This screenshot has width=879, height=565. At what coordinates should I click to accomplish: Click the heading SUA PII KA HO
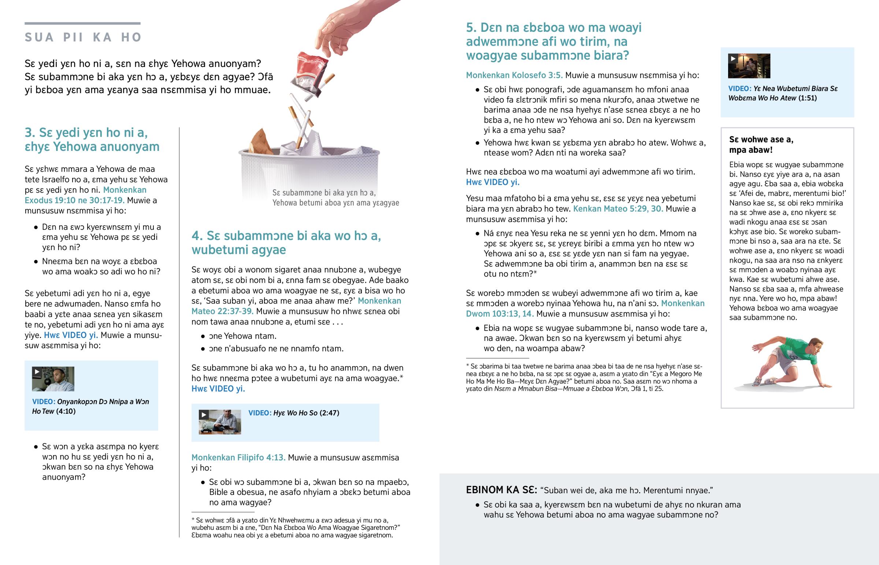[83, 37]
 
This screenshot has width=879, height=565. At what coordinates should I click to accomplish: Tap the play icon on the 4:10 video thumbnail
[37, 372]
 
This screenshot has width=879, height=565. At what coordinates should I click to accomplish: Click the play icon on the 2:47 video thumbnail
[204, 415]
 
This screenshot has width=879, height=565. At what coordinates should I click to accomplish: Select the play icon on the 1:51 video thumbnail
[733, 58]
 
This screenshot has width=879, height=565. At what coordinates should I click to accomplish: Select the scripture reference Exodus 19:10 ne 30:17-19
[75, 200]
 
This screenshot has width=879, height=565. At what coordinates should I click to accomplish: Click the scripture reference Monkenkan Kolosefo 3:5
[514, 75]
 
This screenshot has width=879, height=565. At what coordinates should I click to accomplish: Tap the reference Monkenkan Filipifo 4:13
[238, 457]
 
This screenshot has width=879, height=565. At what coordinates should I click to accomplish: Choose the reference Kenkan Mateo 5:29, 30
[618, 209]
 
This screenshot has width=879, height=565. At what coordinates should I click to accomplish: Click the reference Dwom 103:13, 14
[500, 314]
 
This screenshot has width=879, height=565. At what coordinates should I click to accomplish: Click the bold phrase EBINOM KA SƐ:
[501, 490]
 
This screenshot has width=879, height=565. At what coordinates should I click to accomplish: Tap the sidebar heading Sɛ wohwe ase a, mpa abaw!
[761, 145]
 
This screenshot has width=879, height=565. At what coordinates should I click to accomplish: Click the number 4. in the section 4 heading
[197, 235]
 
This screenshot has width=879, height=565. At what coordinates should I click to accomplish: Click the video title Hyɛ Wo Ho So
[295, 413]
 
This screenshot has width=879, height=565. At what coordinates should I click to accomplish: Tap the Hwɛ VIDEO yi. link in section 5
[493, 182]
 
